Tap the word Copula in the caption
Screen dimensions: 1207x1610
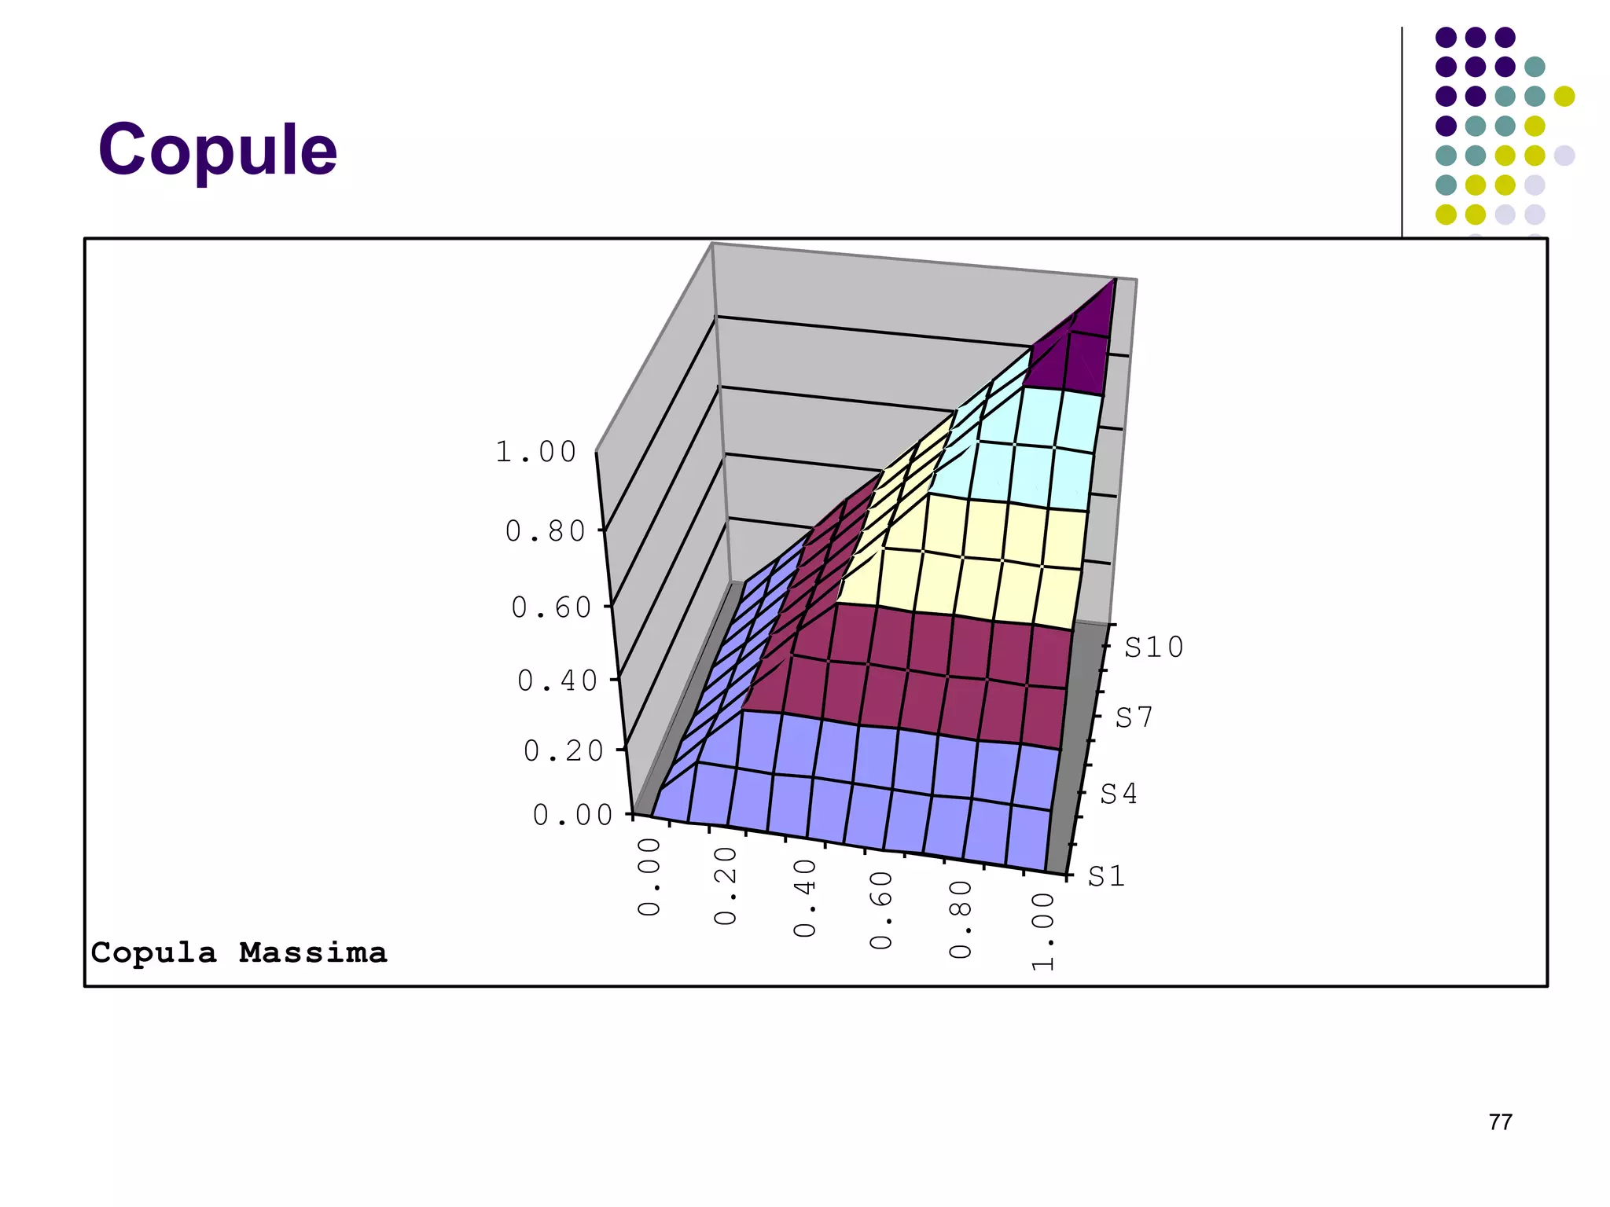(153, 952)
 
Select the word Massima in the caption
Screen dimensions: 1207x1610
(313, 952)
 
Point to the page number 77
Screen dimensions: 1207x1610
(1500, 1121)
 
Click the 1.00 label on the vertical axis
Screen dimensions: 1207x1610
(536, 452)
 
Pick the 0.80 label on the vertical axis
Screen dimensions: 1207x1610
(546, 531)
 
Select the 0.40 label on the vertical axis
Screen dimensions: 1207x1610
(557, 681)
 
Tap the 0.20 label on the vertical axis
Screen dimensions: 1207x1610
(564, 751)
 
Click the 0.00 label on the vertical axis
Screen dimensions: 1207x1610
(572, 815)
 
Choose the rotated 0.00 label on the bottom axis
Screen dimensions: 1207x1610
(649, 876)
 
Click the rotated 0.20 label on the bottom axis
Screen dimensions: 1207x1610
(726, 886)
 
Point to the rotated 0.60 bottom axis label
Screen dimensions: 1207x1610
(881, 909)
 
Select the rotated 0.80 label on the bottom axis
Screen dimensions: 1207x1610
(961, 919)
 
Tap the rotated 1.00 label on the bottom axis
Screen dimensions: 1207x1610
(1042, 931)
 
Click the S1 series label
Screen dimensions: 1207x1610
(1106, 876)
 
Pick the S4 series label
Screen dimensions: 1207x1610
(1118, 794)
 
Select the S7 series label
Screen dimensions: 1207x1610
(1134, 717)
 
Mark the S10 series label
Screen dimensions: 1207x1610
(1153, 648)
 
